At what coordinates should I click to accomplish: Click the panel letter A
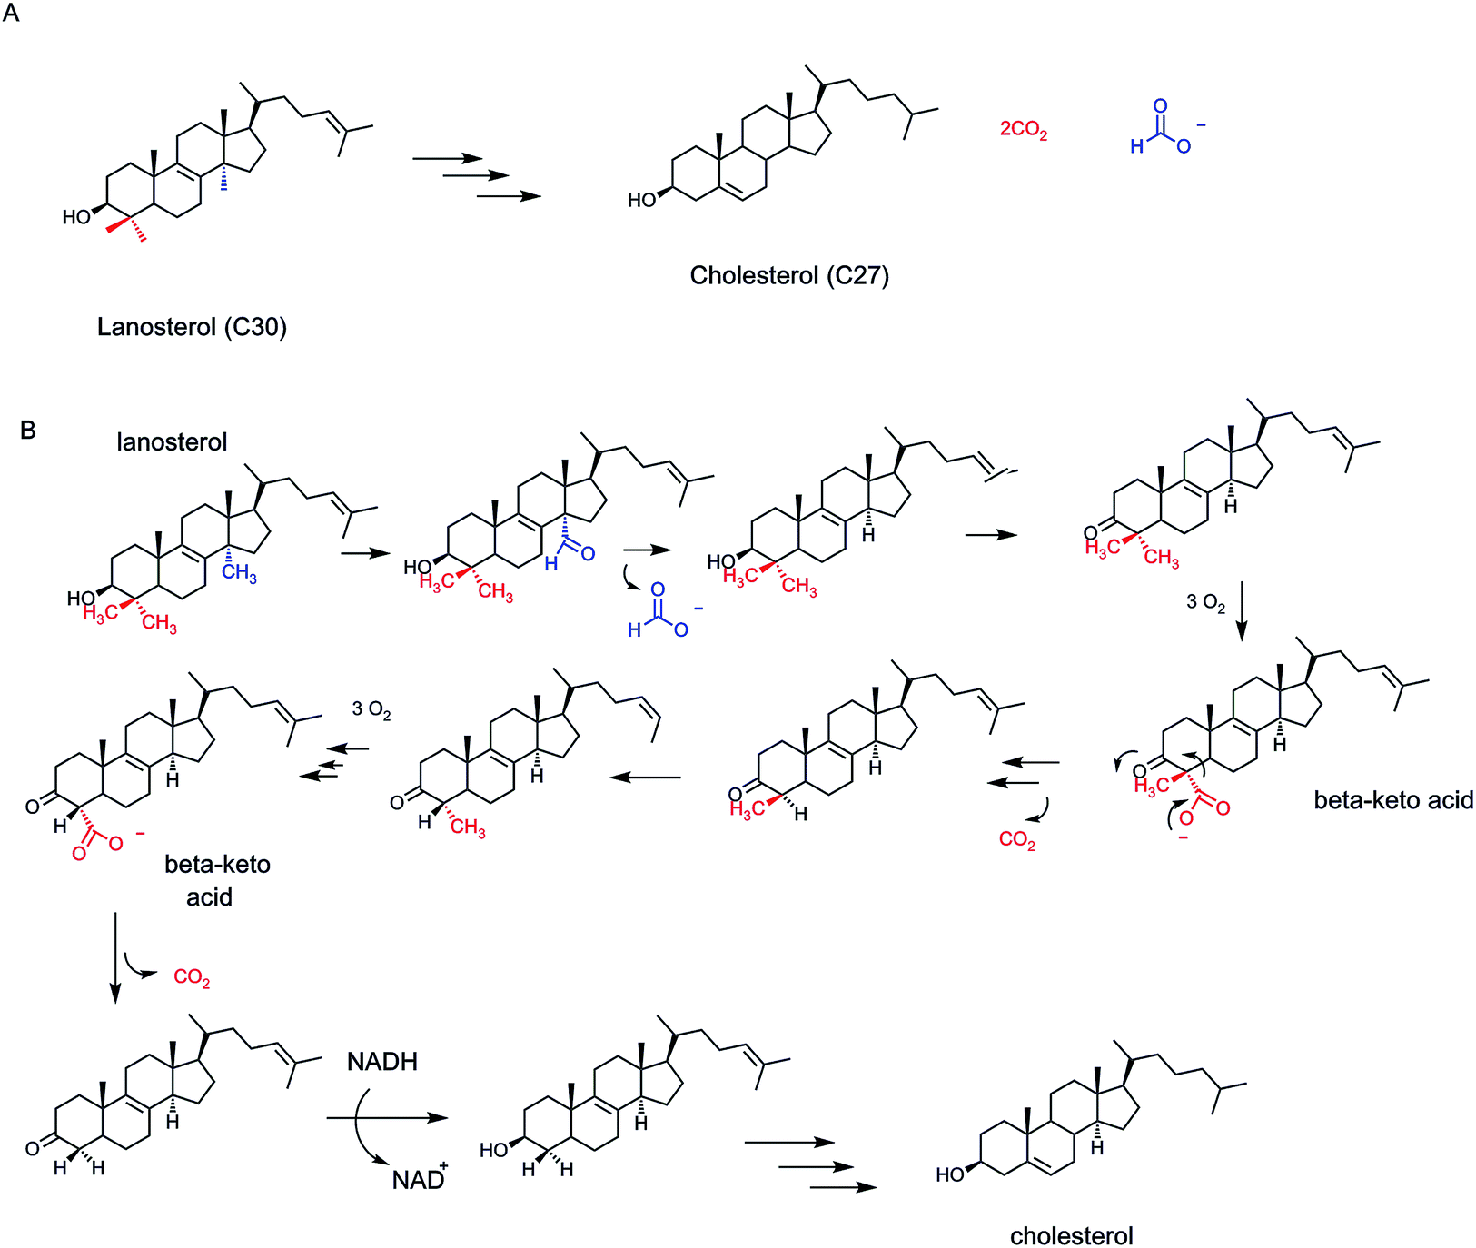(11, 15)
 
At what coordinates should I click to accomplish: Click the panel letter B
(28, 430)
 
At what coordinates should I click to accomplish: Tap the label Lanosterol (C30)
(192, 327)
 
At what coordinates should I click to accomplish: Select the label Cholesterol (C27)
(789, 275)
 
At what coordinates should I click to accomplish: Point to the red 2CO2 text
(1024, 130)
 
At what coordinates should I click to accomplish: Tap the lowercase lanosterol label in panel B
(172, 442)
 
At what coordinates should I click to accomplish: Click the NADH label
(382, 1062)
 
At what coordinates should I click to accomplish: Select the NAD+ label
(420, 1178)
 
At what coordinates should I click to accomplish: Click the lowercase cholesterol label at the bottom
(1072, 1236)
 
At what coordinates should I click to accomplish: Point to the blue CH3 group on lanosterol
(239, 574)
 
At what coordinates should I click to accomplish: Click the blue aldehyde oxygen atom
(588, 553)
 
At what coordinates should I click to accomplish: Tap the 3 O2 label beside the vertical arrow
(1205, 602)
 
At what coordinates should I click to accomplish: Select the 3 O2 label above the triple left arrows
(371, 709)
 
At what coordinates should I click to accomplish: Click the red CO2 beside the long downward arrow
(192, 977)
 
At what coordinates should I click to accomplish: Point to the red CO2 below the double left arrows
(1017, 839)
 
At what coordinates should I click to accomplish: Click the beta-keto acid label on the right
(1393, 800)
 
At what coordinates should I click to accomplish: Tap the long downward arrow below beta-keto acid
(114, 958)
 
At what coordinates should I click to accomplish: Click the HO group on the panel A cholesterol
(643, 199)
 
